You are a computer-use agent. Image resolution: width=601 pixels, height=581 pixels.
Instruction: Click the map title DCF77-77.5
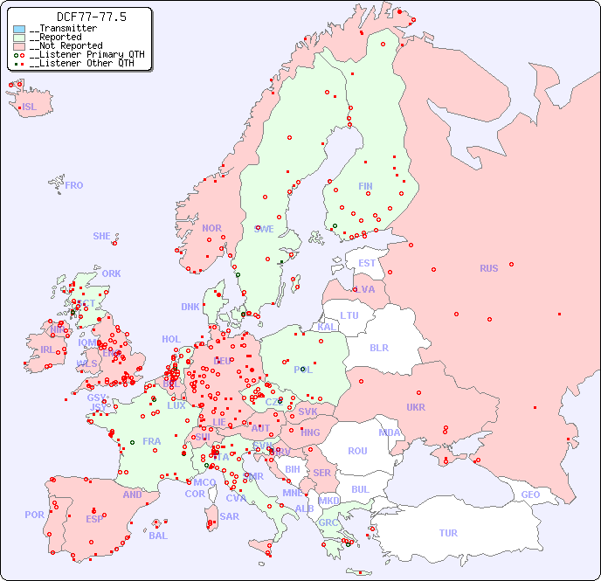(x=79, y=17)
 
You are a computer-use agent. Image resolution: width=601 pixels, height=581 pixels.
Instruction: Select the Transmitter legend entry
(x=66, y=29)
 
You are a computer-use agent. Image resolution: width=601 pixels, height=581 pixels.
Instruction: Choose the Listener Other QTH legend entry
(x=79, y=63)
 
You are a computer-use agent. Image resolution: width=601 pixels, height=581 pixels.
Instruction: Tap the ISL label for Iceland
(x=30, y=107)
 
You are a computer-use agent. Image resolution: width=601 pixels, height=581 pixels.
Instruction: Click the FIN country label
(x=365, y=186)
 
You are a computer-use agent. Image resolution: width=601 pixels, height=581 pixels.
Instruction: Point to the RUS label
(x=488, y=268)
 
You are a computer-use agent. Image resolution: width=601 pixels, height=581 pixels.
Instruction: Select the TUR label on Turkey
(x=448, y=533)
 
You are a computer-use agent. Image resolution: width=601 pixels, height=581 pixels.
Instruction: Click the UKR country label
(x=416, y=407)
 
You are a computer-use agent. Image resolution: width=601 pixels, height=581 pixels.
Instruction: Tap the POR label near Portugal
(x=34, y=515)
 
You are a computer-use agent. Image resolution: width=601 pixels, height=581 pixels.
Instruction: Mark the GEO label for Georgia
(x=530, y=495)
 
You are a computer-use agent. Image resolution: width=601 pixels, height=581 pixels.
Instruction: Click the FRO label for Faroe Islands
(x=74, y=185)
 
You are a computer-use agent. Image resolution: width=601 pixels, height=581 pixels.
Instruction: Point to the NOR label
(x=211, y=228)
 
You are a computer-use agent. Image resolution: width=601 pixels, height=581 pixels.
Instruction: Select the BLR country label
(x=378, y=347)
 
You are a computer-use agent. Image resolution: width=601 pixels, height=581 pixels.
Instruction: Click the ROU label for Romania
(x=357, y=451)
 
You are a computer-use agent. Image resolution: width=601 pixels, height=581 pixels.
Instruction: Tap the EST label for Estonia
(x=367, y=263)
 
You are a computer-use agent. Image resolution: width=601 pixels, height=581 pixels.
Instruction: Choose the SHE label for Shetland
(x=102, y=236)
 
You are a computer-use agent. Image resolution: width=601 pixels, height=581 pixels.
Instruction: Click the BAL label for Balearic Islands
(x=158, y=536)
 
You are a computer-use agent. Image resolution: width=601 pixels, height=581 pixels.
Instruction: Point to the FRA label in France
(x=152, y=441)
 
